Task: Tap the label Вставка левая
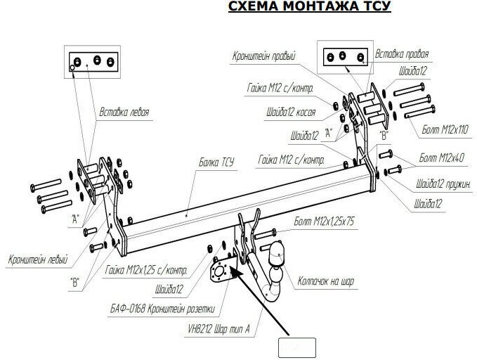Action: click(x=124, y=111)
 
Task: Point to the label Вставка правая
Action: click(x=401, y=53)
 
